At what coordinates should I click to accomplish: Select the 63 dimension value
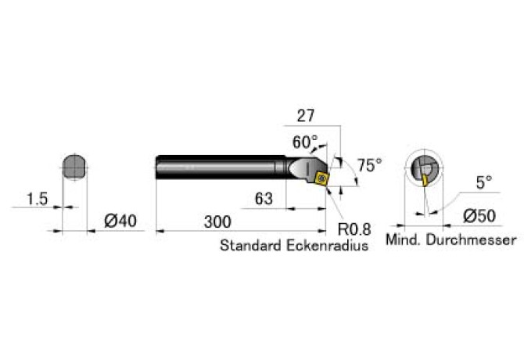(x=264, y=200)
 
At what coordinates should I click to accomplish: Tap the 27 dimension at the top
(x=306, y=116)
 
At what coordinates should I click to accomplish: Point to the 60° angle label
(x=305, y=142)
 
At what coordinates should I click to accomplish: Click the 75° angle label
(x=369, y=165)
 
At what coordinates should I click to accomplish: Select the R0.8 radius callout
(x=354, y=230)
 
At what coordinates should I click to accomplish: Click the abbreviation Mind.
(x=404, y=239)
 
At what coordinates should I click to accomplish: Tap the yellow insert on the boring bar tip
(x=321, y=179)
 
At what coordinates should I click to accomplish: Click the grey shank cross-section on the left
(x=74, y=167)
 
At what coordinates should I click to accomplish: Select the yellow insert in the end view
(x=425, y=181)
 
